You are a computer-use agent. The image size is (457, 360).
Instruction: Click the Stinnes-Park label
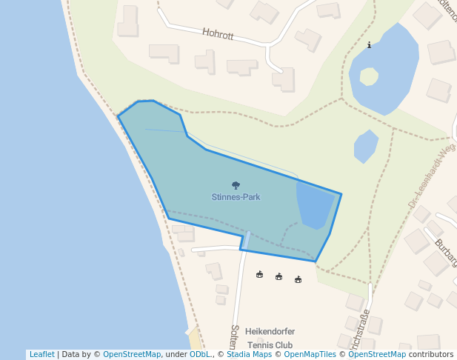pyautogui.click(x=236, y=197)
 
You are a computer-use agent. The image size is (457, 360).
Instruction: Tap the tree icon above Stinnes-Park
pyautogui.click(x=236, y=185)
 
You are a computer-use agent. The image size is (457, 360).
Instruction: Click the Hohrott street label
pyautogui.click(x=217, y=33)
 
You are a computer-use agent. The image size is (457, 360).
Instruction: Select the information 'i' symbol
pyautogui.click(x=369, y=46)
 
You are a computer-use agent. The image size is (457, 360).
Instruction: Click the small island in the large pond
pyautogui.click(x=368, y=76)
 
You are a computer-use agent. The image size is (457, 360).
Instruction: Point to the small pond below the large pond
pyautogui.click(x=366, y=146)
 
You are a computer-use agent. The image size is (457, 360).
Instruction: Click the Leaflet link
pyautogui.click(x=41, y=355)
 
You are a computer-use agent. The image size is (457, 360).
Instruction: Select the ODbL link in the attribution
pyautogui.click(x=200, y=355)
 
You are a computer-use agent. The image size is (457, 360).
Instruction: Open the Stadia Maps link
pyautogui.click(x=249, y=355)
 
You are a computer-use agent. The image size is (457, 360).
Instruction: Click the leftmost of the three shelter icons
pyautogui.click(x=259, y=274)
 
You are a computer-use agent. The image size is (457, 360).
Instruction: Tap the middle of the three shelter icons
pyautogui.click(x=278, y=276)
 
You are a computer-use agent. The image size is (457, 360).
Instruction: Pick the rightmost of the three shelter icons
pyautogui.click(x=298, y=279)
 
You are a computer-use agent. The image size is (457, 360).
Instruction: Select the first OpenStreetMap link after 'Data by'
pyautogui.click(x=132, y=355)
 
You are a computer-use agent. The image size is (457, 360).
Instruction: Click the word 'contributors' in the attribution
pyautogui.click(x=430, y=355)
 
